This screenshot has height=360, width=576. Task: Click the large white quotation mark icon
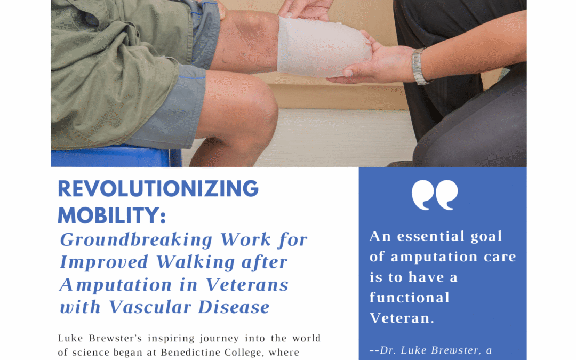(435, 195)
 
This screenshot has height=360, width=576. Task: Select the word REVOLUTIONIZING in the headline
(158, 189)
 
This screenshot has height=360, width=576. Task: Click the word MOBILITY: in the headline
(112, 215)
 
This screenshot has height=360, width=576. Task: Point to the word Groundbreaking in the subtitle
(137, 240)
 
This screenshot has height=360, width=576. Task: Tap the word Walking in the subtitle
(195, 262)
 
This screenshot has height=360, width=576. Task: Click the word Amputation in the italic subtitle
(116, 285)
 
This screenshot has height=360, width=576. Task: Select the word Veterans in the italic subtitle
(247, 285)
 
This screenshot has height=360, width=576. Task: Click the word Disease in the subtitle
(234, 307)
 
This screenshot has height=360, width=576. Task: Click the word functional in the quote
(410, 298)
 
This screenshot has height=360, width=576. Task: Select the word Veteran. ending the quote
(402, 318)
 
